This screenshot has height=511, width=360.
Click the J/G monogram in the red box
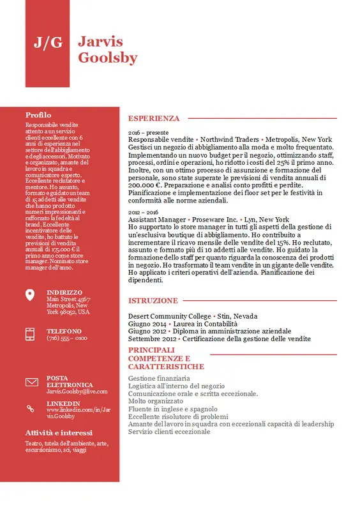pyautogui.click(x=48, y=43)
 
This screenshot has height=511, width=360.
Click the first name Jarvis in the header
pyautogui.click(x=100, y=42)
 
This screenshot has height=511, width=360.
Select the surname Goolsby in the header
pyautogui.click(x=107, y=58)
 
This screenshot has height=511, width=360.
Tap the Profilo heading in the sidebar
pyautogui.click(x=38, y=114)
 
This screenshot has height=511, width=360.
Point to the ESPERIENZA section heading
pyautogui.click(x=154, y=118)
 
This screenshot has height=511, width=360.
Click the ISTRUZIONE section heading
pyautogui.click(x=153, y=300)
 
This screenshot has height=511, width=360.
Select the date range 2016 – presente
pyautogui.click(x=144, y=132)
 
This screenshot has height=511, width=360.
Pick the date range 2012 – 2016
pyautogui.click(x=143, y=212)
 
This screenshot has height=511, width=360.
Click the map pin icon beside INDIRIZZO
pyautogui.click(x=30, y=294)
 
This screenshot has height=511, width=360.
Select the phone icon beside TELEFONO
pyautogui.click(x=30, y=334)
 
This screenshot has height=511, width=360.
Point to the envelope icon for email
pyautogui.click(x=31, y=382)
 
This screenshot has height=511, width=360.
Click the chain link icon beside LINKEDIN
pyautogui.click(x=30, y=408)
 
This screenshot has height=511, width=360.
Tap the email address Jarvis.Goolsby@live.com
pyautogui.click(x=77, y=392)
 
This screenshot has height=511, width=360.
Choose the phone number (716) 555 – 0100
pyautogui.click(x=67, y=338)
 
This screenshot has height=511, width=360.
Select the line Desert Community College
pyautogui.click(x=169, y=316)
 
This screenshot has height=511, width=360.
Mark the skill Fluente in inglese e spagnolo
pyautogui.click(x=172, y=409)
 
